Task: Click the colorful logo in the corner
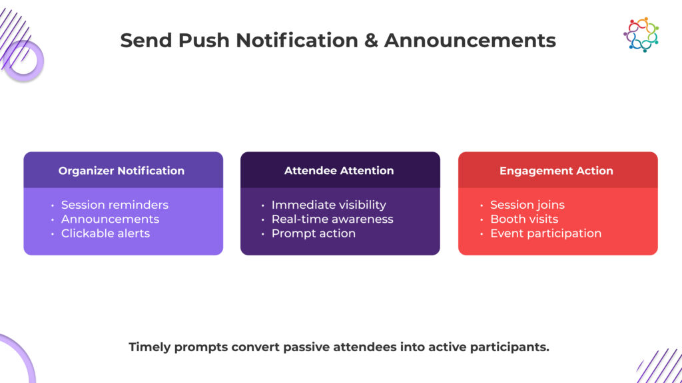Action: [641, 35]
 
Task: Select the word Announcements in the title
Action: [470, 41]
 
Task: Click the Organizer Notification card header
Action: [121, 171]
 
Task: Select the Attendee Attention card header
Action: [339, 171]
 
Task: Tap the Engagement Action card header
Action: [556, 171]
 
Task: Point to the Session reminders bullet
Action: [115, 205]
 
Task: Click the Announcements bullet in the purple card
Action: [110, 219]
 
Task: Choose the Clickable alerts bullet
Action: [105, 233]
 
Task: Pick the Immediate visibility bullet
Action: [328, 205]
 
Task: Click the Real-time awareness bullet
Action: [332, 219]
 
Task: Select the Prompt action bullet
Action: [313, 233]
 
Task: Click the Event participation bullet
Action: [545, 233]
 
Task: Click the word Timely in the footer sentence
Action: [151, 347]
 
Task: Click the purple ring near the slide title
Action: [23, 61]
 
